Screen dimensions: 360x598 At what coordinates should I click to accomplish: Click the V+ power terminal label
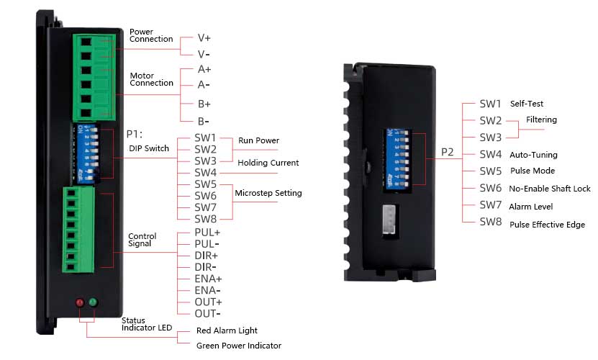coord(204,38)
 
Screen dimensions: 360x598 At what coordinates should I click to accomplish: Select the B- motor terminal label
coord(204,121)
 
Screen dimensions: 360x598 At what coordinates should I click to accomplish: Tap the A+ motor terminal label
coord(204,70)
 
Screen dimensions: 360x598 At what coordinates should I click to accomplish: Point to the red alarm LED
coord(80,302)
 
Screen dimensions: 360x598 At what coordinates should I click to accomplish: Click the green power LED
coord(94,302)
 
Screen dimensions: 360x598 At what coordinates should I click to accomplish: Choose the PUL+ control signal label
coord(207,233)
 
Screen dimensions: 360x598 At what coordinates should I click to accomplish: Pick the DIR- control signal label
coord(207,267)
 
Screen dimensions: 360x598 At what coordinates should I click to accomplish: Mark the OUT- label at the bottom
coord(207,313)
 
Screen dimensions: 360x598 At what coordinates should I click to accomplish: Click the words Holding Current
coord(268,163)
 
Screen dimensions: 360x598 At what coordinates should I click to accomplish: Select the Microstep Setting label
coord(268,193)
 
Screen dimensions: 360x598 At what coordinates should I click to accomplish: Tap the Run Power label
coord(258,140)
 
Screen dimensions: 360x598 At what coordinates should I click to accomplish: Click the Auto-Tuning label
coord(533,155)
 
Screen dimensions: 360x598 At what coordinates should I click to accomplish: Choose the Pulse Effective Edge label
coord(547,225)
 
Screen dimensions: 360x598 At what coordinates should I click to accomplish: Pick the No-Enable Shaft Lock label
coord(550,189)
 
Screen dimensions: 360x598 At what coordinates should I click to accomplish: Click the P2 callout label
coord(448,153)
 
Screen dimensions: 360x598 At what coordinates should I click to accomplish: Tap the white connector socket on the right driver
coord(391,217)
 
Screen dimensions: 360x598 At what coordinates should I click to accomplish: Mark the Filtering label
coord(541,120)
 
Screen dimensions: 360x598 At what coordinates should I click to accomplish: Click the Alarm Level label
coord(531,207)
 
